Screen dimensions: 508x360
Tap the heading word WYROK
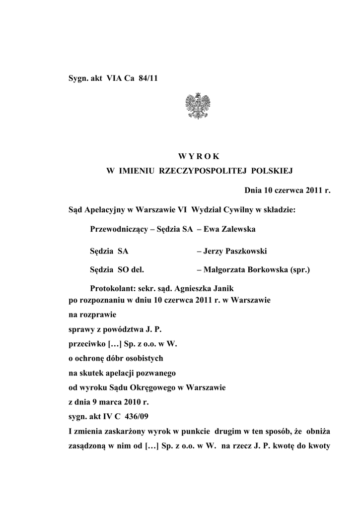200,157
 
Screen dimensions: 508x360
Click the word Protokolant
112,289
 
